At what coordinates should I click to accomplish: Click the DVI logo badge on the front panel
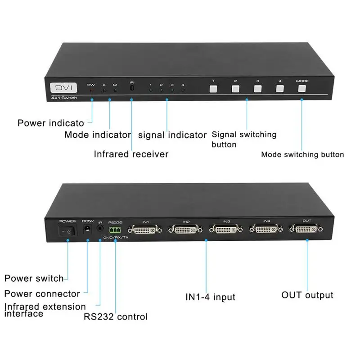tap(63, 87)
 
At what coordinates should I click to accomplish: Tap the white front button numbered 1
tap(213, 89)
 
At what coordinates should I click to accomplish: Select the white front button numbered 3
tap(257, 89)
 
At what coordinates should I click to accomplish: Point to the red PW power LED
tap(92, 90)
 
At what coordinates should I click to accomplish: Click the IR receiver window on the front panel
tap(132, 88)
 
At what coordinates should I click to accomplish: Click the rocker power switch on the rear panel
tap(67, 231)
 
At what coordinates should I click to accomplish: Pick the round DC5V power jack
tap(87, 229)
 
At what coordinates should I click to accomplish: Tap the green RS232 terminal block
tap(115, 230)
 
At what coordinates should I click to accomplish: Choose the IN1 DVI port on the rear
tap(144, 229)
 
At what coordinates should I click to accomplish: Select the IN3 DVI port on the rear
tap(226, 229)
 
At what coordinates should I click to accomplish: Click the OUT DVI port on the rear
tap(306, 229)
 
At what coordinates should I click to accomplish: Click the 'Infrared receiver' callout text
tap(131, 154)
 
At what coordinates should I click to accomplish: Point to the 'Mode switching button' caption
tap(302, 154)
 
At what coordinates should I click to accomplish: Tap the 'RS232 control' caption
tap(116, 317)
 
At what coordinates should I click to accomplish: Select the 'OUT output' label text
tap(307, 295)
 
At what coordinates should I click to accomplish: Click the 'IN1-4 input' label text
tap(210, 297)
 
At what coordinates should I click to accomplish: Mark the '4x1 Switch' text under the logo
tap(64, 98)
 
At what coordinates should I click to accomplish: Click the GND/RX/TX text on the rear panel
tap(116, 238)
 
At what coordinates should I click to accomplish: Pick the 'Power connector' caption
tap(42, 294)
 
